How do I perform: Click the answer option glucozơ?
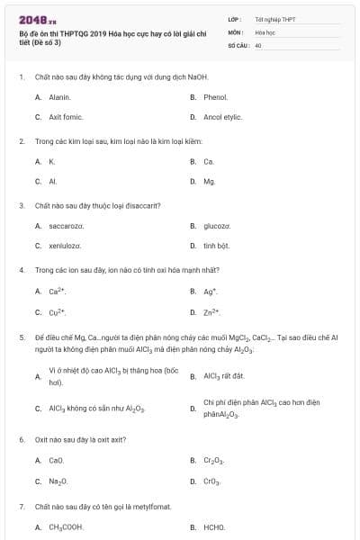218,225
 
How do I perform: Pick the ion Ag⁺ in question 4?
211,292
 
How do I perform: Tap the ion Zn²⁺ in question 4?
212,312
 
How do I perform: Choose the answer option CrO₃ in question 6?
212,481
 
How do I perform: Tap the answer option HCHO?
214,527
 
